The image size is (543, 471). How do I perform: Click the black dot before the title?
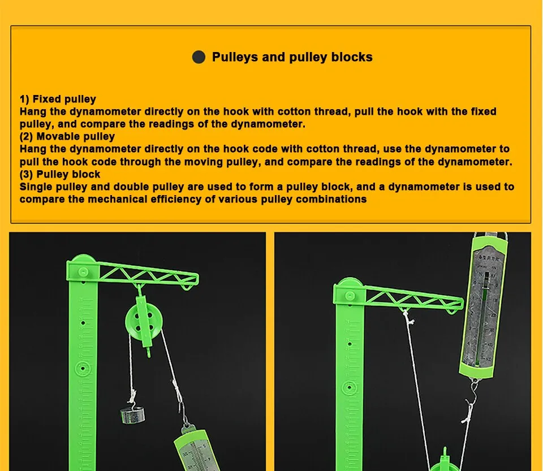pos(199,57)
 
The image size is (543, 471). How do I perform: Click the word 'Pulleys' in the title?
pos(234,57)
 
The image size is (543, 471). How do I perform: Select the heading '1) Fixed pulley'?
pos(58,99)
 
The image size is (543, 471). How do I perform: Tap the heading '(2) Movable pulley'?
pos(67,136)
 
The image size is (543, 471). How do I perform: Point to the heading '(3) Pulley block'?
pos(60,174)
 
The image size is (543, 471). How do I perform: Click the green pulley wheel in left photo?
pos(140,322)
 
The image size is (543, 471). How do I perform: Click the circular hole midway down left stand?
pos(83,368)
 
